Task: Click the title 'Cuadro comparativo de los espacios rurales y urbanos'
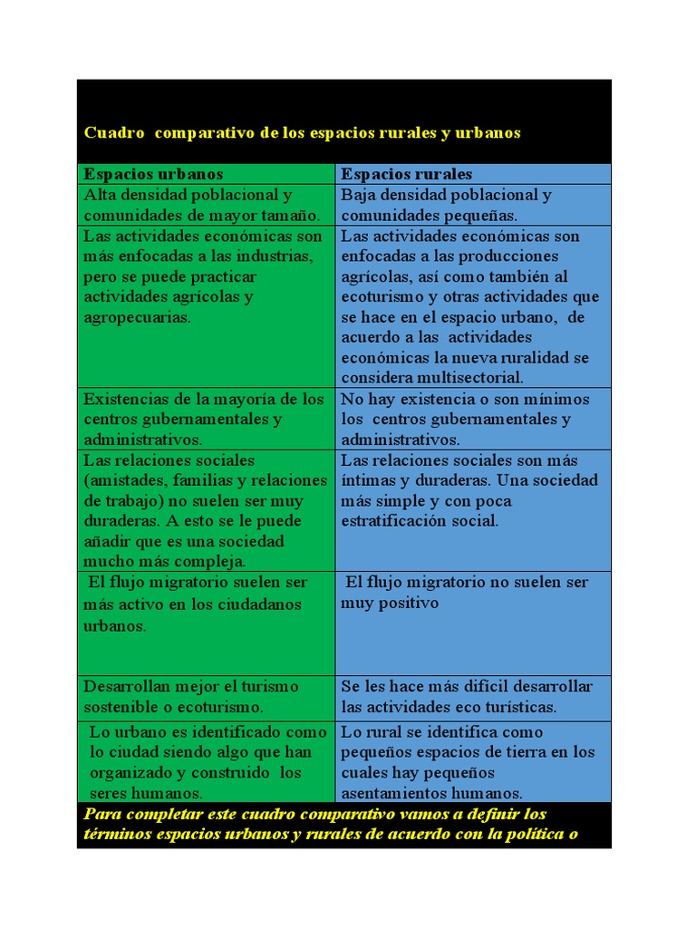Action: point(302,132)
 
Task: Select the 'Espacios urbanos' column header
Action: point(153,174)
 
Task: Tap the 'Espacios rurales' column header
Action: point(406,174)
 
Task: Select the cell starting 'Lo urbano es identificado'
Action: point(205,762)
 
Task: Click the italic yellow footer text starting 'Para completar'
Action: point(331,824)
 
